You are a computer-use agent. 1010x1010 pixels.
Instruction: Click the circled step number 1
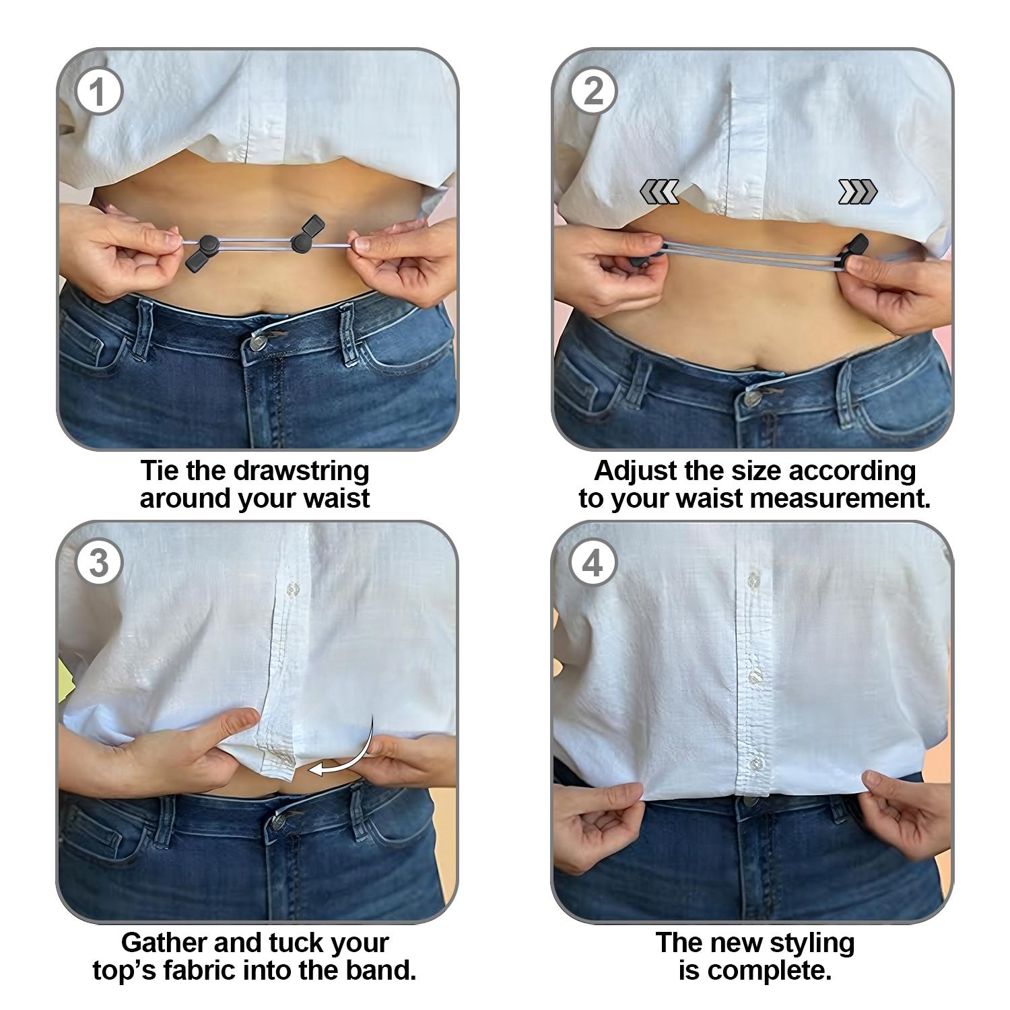(98, 92)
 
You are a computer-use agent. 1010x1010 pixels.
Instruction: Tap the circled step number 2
(593, 92)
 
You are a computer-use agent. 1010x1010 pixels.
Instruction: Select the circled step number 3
(98, 563)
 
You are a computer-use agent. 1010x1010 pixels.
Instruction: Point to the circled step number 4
(593, 563)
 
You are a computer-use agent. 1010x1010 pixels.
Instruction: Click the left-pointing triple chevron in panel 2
(659, 192)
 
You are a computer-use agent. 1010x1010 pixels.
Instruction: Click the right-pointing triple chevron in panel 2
(857, 192)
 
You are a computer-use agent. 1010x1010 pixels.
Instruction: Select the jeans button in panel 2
(751, 398)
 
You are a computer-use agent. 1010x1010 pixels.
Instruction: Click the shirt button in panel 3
(292, 590)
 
